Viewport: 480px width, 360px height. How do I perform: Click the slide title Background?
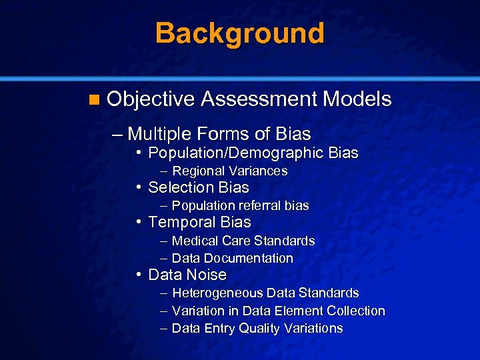(x=240, y=33)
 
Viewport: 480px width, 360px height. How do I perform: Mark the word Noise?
(x=207, y=275)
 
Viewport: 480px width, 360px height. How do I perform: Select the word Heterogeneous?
(x=217, y=293)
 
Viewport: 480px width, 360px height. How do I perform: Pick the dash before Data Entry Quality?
(x=163, y=329)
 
